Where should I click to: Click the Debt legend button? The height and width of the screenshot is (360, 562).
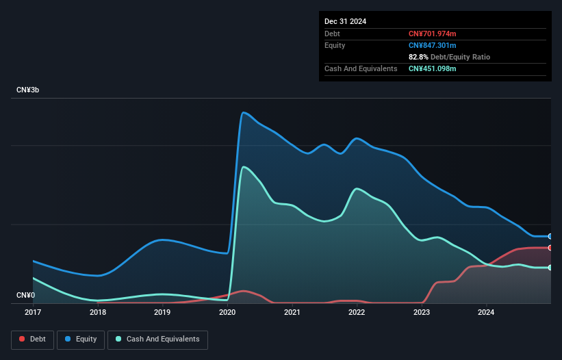tap(31, 339)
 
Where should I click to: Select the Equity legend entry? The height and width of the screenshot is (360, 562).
tap(81, 339)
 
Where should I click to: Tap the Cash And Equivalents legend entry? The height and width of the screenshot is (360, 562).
tap(157, 339)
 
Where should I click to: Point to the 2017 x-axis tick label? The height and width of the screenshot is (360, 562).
tap(33, 313)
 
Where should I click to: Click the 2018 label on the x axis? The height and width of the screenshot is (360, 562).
tap(98, 313)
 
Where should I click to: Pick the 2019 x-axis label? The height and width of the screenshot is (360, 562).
tap(162, 313)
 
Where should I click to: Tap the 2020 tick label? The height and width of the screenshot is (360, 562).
tap(227, 313)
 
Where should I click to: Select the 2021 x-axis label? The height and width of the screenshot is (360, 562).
tap(292, 313)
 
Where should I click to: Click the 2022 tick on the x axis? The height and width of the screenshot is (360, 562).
tap(357, 313)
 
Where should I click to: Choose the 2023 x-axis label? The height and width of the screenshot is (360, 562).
tap(422, 313)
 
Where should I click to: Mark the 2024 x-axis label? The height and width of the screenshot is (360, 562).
tap(487, 313)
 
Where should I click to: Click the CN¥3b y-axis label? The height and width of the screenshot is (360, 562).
tap(28, 90)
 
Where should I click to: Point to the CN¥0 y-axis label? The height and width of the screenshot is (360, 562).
tap(25, 296)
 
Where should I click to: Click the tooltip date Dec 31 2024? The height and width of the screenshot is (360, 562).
tap(345, 21)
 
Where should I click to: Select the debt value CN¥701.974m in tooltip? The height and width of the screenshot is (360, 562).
tap(432, 34)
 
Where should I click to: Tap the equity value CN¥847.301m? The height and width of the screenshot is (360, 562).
tap(432, 45)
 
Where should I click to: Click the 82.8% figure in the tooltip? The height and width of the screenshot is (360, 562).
tap(420, 57)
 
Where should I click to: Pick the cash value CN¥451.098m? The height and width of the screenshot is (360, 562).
tap(432, 68)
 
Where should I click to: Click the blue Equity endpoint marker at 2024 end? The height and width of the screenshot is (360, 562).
tap(550, 236)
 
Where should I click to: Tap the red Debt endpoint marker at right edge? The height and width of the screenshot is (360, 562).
tap(550, 248)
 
